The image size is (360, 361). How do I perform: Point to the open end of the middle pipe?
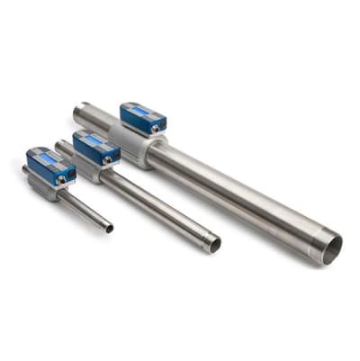pos(213,244)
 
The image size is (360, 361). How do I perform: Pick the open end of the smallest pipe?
pos(109,228)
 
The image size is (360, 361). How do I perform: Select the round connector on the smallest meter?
pos(61,178)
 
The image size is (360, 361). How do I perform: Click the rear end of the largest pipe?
pos(79,113)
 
